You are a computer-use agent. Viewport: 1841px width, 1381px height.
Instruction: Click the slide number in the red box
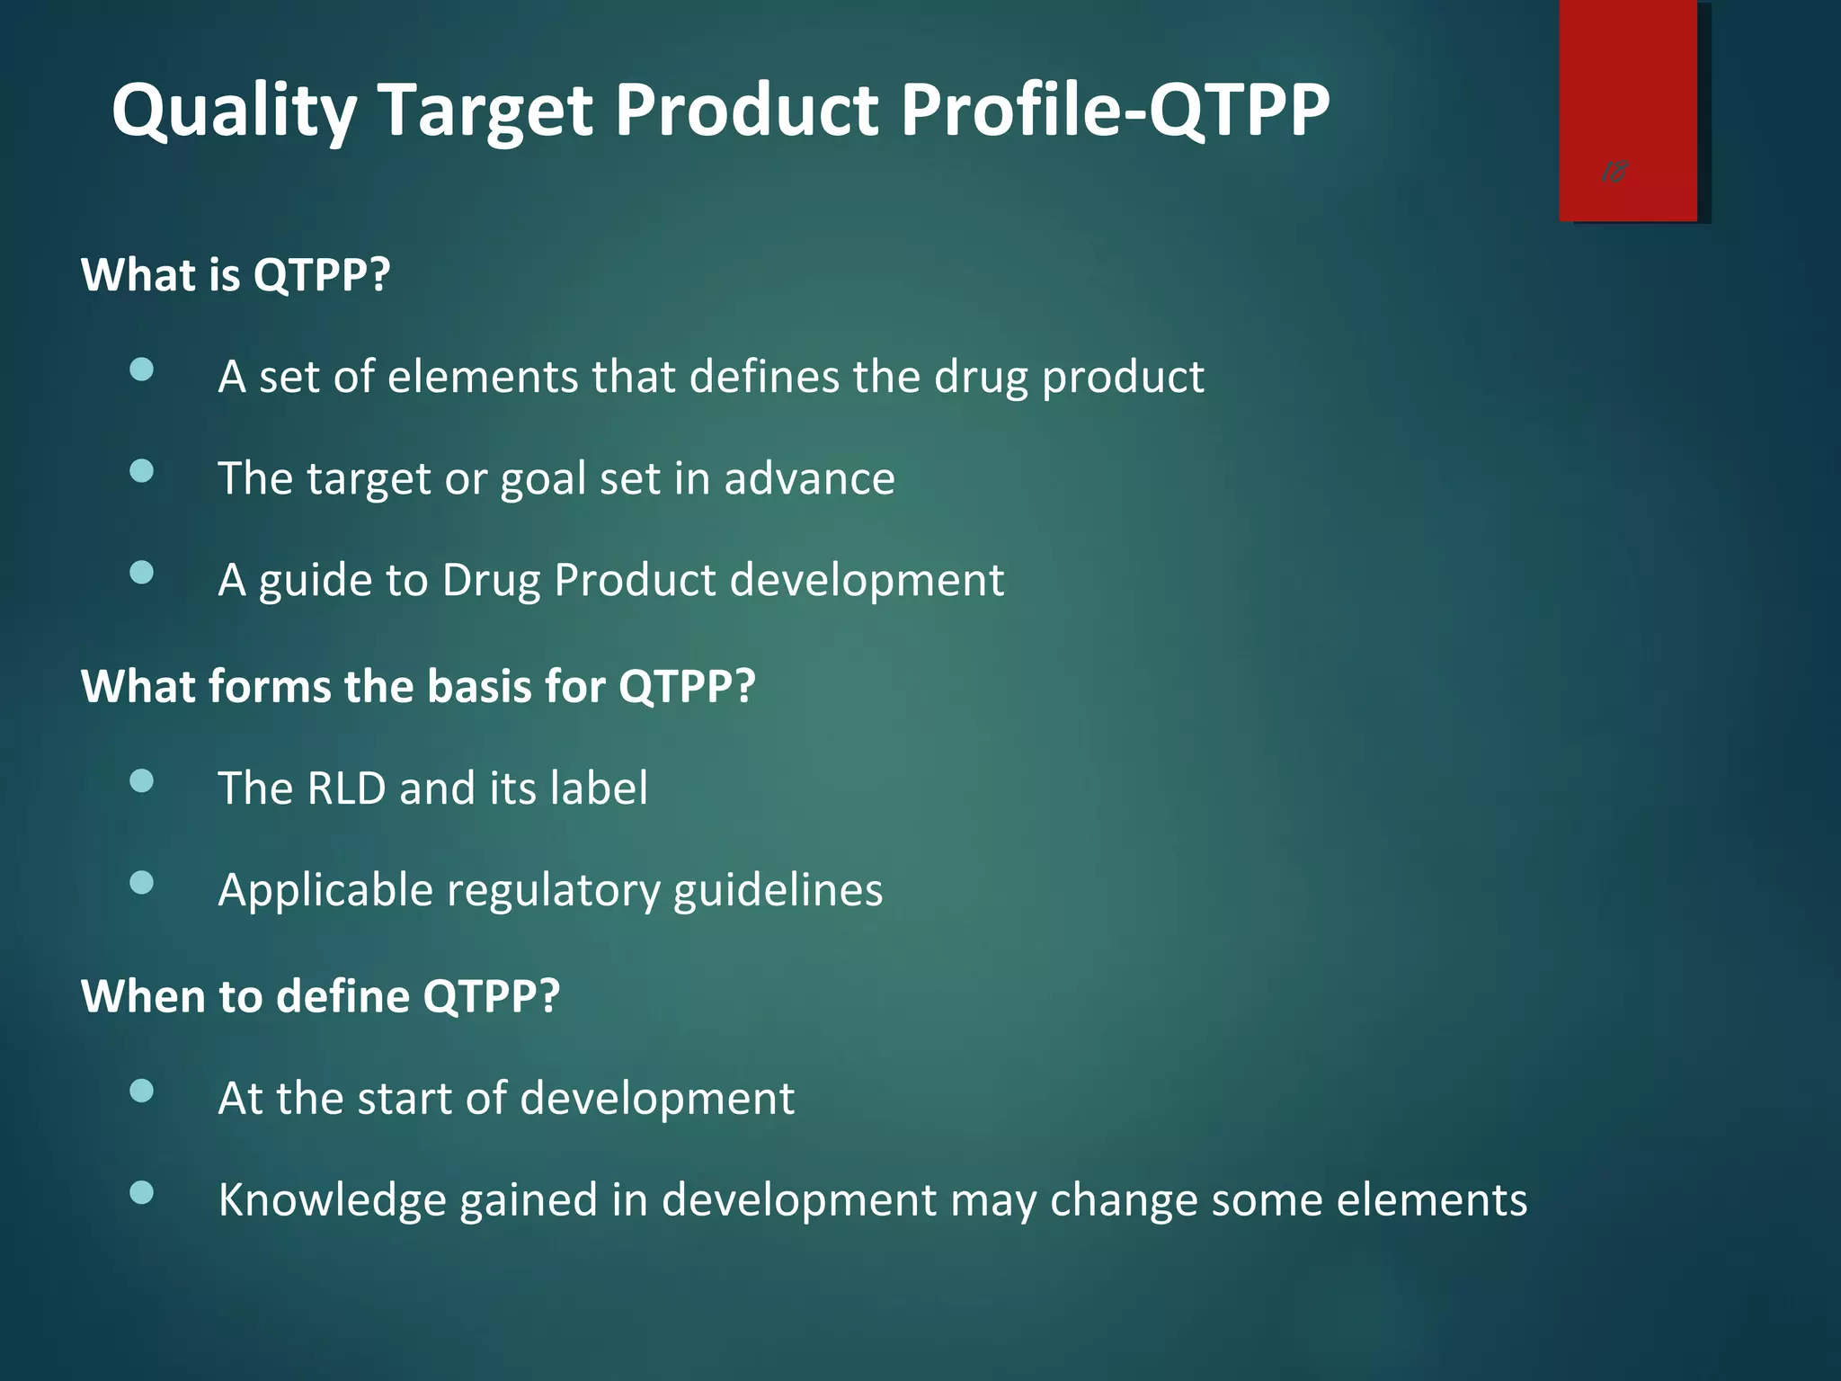point(1614,172)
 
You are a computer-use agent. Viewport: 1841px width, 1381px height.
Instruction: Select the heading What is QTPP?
point(236,275)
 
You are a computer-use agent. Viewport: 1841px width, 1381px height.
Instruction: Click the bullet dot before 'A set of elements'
point(141,370)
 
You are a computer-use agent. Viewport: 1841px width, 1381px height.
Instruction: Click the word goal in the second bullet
point(543,479)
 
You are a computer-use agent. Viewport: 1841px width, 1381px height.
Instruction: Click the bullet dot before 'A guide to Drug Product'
point(141,574)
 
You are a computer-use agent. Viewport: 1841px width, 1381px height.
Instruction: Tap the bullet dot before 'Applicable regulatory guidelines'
point(141,883)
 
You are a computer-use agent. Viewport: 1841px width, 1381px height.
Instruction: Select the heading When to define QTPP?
point(320,997)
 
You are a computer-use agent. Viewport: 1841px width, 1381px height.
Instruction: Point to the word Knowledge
point(332,1201)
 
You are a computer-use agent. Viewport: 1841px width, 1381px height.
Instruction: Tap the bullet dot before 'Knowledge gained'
point(141,1193)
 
